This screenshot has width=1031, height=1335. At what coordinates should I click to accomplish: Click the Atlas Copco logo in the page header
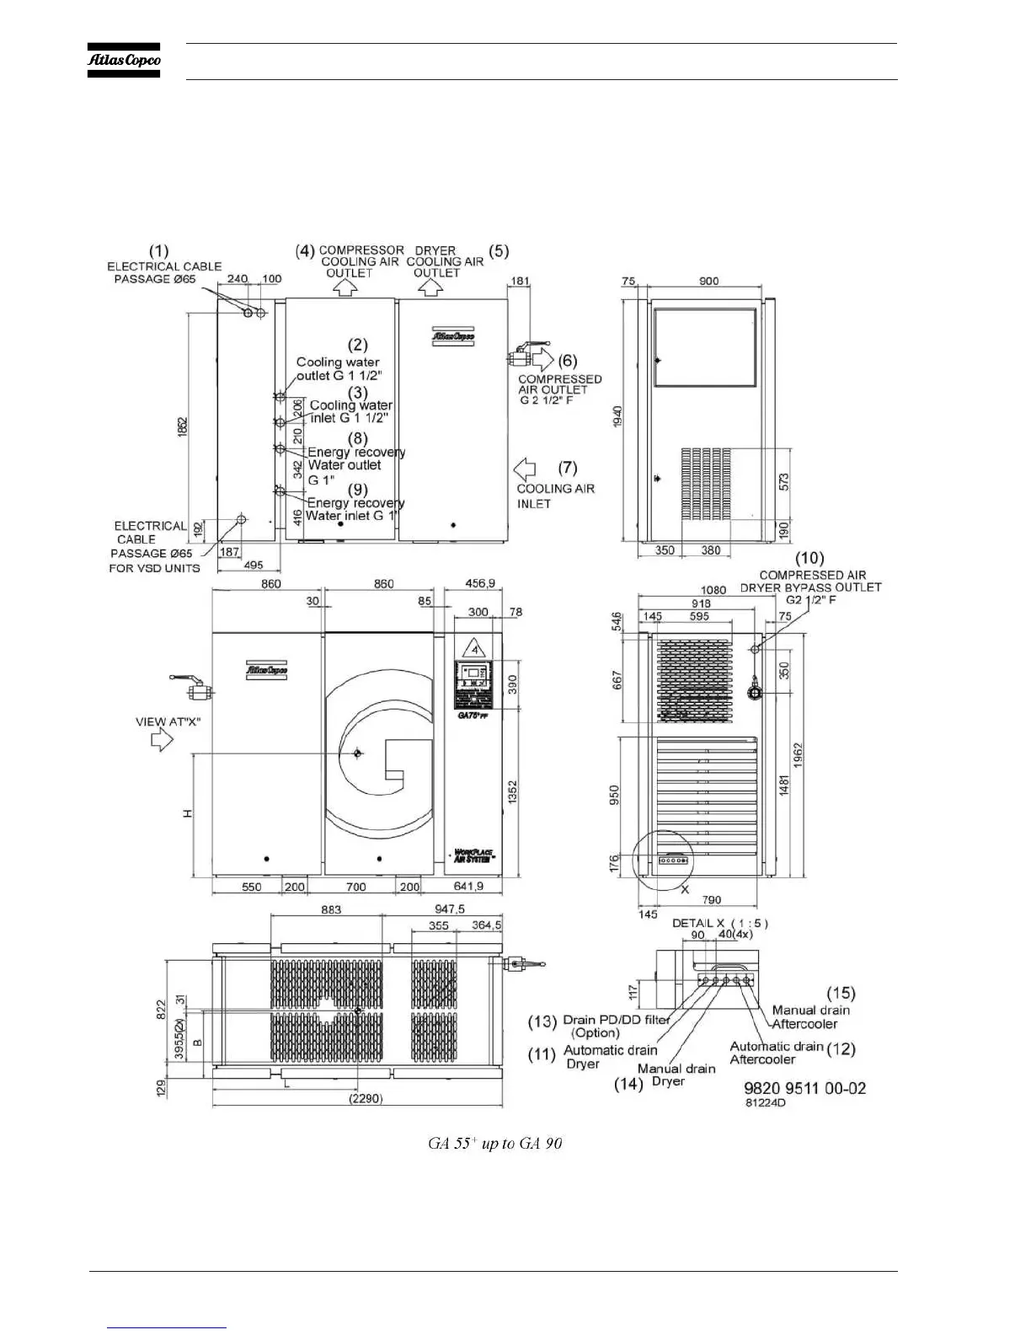pyautogui.click(x=124, y=61)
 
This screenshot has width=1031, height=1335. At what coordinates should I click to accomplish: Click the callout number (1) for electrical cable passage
pyautogui.click(x=159, y=250)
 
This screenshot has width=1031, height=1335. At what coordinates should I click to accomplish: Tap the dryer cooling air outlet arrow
pyautogui.click(x=431, y=287)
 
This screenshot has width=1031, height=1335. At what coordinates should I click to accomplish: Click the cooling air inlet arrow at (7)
pyautogui.click(x=526, y=468)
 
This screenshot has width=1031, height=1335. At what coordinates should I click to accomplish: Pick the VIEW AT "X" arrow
pyautogui.click(x=161, y=740)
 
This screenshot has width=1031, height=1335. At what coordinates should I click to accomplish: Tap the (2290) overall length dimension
pyautogui.click(x=366, y=1098)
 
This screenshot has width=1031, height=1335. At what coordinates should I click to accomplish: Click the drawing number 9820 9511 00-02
pyautogui.click(x=804, y=1088)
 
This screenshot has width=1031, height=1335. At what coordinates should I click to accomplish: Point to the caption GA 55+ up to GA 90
pyautogui.click(x=495, y=1144)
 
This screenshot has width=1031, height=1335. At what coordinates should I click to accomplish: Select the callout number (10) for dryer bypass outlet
pyautogui.click(x=809, y=558)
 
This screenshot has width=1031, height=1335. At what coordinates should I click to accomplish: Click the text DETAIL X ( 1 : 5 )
pyautogui.click(x=719, y=923)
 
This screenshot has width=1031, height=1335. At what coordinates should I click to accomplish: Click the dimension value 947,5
pyautogui.click(x=450, y=909)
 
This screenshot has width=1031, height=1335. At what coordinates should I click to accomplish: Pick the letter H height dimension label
pyautogui.click(x=188, y=813)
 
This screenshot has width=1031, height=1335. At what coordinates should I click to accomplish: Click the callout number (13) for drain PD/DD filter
pyautogui.click(x=542, y=1021)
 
